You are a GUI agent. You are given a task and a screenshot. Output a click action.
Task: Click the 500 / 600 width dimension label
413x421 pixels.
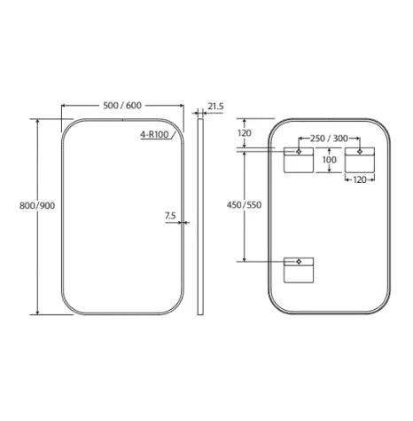coord(122,106)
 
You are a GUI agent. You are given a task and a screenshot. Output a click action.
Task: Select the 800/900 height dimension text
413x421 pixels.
coord(37,205)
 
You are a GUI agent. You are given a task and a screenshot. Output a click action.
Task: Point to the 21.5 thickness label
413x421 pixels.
coord(215,107)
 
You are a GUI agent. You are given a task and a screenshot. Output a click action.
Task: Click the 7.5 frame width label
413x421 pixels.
coord(170,216)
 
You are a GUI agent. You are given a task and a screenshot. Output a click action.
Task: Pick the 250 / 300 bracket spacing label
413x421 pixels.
coord(329,139)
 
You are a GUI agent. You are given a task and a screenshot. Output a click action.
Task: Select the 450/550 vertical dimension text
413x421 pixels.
coord(244,205)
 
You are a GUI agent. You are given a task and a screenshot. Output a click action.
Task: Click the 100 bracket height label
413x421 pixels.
coord(329,160)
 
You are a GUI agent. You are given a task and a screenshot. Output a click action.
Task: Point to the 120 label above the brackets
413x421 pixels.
coord(245,133)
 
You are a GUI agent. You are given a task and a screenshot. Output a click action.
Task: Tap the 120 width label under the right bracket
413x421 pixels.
coord(360,179)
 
